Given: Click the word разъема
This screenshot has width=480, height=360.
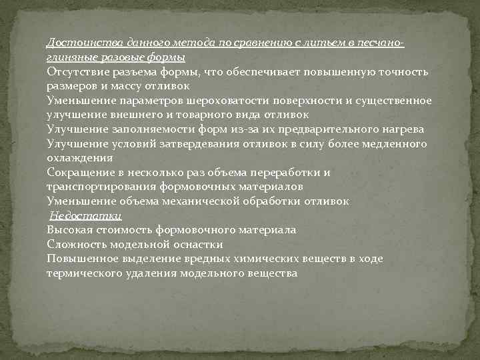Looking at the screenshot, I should [x=135, y=71].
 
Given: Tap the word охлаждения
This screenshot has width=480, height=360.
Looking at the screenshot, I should [x=79, y=158].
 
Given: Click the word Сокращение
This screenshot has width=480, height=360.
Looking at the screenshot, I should [x=78, y=172].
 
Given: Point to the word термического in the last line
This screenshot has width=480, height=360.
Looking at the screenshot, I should [x=81, y=273].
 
